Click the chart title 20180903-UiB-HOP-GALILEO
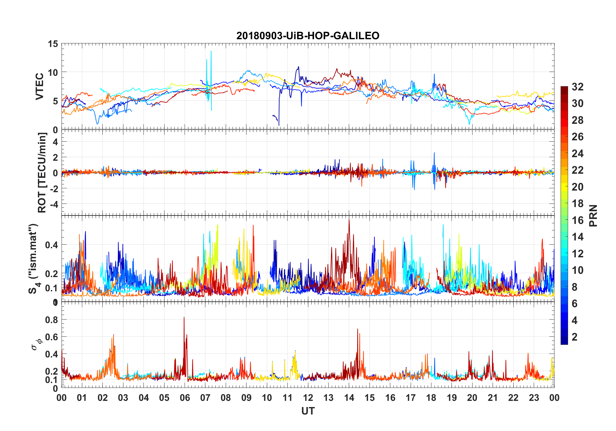click(x=308, y=36)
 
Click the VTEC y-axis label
click(x=40, y=86)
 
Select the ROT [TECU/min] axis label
click(x=42, y=172)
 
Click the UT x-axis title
click(x=308, y=411)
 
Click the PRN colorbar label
click(x=593, y=215)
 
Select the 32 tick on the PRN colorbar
click(x=577, y=87)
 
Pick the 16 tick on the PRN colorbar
click(x=577, y=220)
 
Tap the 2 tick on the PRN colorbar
click(x=575, y=337)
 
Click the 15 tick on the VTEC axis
click(x=53, y=44)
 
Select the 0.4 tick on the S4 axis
click(x=51, y=245)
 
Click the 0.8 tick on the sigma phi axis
click(x=51, y=320)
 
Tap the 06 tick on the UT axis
click(x=185, y=398)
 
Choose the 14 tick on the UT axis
click(x=349, y=398)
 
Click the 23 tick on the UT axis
click(x=534, y=398)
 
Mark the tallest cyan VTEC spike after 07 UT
click(x=211, y=52)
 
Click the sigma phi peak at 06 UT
click(x=184, y=318)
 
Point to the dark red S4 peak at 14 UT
click(x=349, y=220)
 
